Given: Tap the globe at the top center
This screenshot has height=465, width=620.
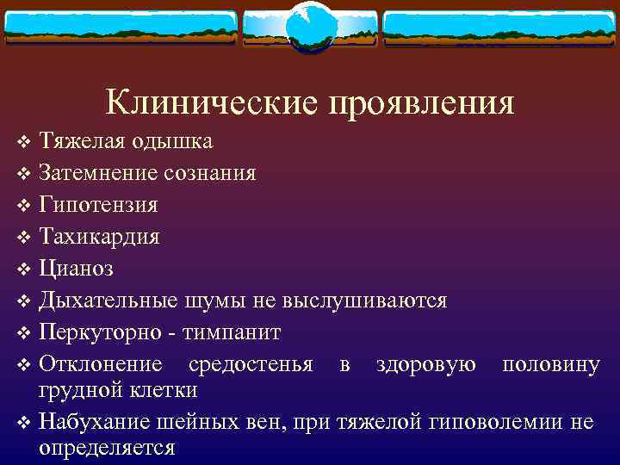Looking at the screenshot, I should pos(309,28).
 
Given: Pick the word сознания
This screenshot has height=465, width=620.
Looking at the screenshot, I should pos(209,173).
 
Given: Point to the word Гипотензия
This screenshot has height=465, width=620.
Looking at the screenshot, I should pos(98,205).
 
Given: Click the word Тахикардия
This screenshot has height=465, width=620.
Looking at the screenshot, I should pos(99,236).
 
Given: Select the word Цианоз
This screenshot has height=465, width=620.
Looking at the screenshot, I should pos(76,268).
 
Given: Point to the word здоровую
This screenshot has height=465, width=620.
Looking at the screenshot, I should pos(425,363).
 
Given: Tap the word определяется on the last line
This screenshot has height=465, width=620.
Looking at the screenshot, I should pos(107,447).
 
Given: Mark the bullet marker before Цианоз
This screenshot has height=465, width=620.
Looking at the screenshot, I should pos(23,269).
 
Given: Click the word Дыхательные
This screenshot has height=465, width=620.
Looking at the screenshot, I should pos(108,300).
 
